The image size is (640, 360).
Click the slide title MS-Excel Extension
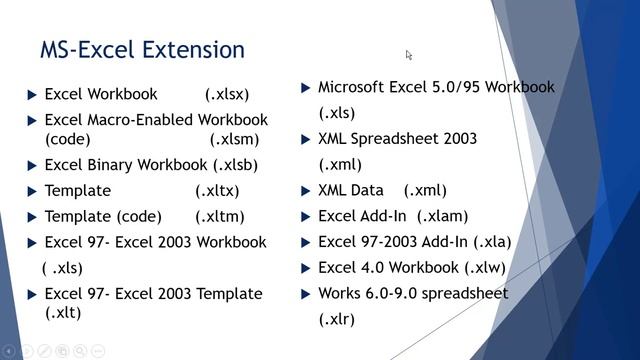click(x=141, y=49)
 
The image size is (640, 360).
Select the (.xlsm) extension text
click(x=234, y=139)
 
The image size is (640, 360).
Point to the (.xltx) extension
click(x=217, y=190)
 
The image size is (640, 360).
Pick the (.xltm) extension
click(x=219, y=216)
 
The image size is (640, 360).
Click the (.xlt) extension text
click(x=64, y=312)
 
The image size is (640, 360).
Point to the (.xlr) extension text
click(x=336, y=319)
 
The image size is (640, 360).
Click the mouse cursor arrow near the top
click(x=409, y=56)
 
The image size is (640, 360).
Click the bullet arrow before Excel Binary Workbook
click(x=32, y=165)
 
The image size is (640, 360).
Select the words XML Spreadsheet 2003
click(x=397, y=138)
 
